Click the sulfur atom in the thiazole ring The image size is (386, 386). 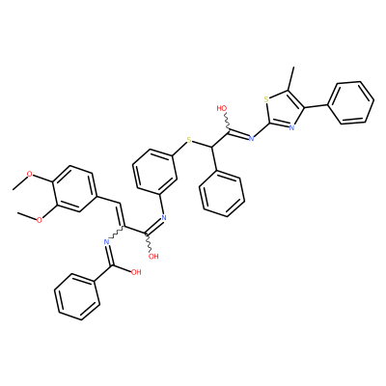(266, 99)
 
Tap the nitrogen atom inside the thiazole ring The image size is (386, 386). (291, 127)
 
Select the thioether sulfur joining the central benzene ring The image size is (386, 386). (189, 140)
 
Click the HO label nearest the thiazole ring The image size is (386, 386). (222, 108)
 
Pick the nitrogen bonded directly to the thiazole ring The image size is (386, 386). (252, 139)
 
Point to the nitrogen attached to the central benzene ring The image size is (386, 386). (163, 218)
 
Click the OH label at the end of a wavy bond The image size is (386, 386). (153, 257)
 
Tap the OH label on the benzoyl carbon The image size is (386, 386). (136, 272)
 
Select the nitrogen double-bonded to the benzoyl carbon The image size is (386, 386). (106, 242)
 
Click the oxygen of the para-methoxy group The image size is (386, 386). (30, 175)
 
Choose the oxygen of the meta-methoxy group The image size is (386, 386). (40, 220)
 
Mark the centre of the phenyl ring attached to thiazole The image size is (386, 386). (350, 102)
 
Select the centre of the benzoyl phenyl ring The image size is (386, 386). (77, 297)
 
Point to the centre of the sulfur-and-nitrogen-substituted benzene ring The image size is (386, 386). (155, 171)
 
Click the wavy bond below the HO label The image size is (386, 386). (227, 122)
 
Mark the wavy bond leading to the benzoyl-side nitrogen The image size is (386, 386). (117, 234)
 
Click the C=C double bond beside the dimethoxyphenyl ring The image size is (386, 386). (122, 215)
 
